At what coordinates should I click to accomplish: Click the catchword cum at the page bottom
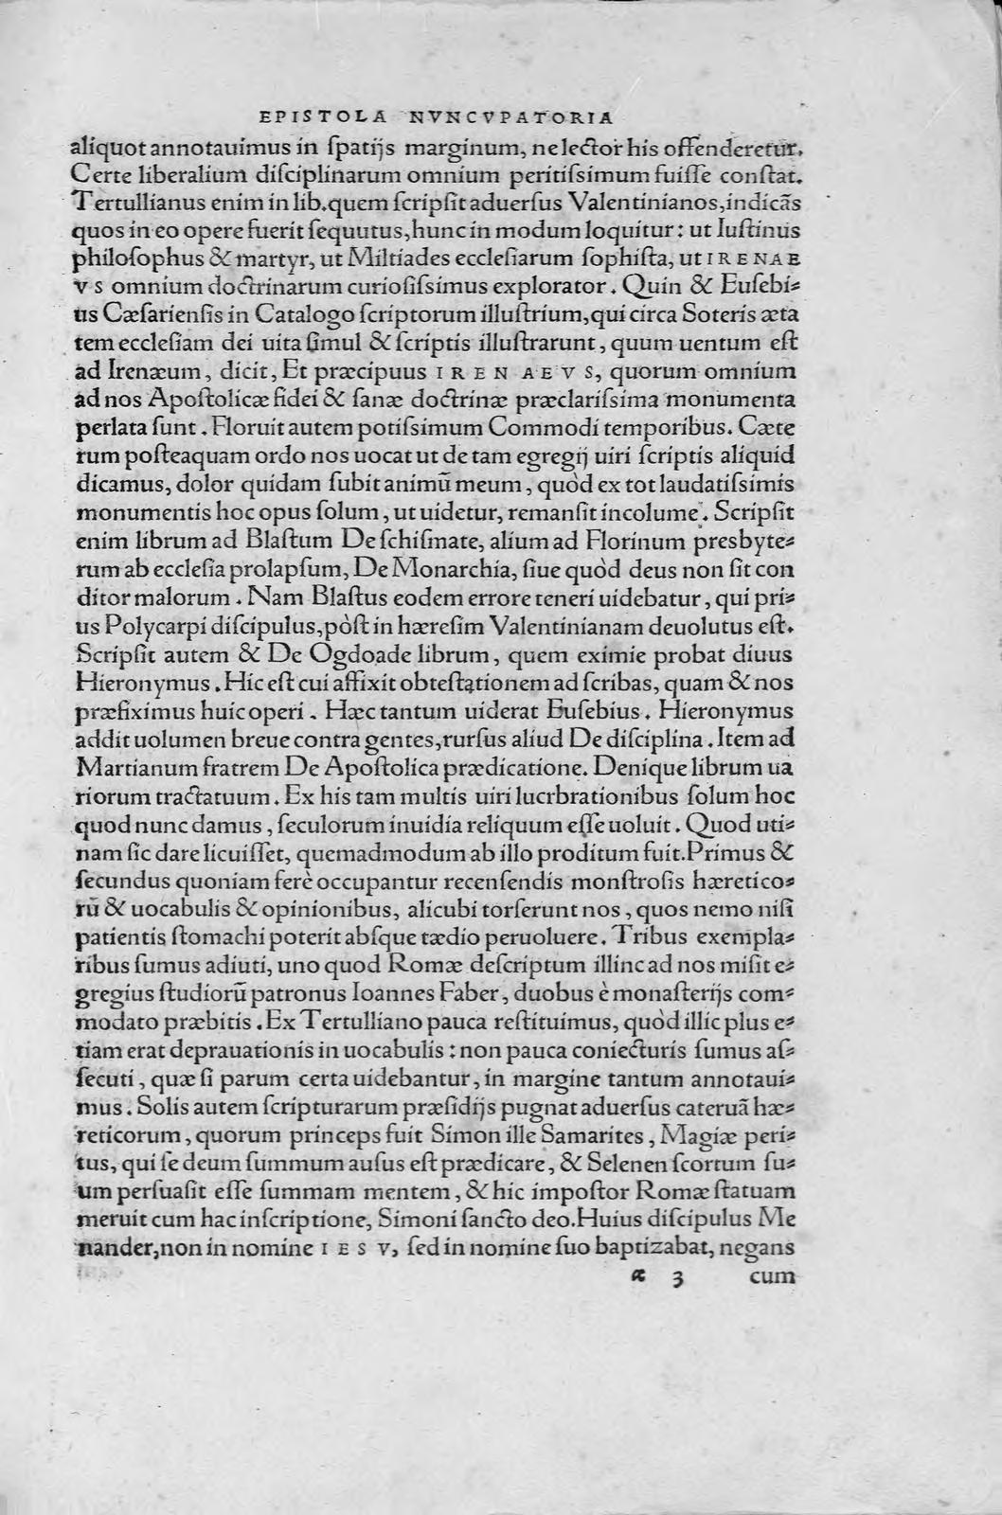773,1275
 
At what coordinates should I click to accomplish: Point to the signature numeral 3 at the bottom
674,1277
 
